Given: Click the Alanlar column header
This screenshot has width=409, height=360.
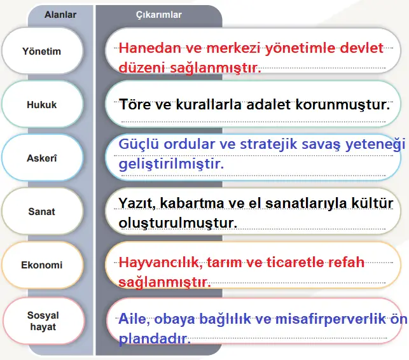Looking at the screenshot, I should coord(60,13).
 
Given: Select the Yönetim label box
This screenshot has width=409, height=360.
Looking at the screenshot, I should coord(41,51).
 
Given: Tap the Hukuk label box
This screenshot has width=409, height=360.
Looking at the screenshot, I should coord(41,105).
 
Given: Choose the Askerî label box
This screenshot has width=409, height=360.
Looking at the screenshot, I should coord(41,158).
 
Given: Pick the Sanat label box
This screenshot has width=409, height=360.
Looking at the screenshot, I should coord(41,211).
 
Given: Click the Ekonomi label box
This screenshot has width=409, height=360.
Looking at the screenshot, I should coord(41,265).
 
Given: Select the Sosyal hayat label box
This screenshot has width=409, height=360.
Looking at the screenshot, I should coord(41,321).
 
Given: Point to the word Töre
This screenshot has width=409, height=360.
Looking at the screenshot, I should coord(136,104).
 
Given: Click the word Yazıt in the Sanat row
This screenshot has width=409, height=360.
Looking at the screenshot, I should coord(137,203).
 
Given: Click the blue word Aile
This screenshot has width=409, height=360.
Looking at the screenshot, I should coord(134,319).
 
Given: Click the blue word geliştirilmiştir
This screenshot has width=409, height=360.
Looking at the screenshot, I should coord(172,164).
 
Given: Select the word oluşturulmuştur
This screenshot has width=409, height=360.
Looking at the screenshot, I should coord(178,223).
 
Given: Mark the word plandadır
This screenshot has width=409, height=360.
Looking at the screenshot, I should coord(155,338).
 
